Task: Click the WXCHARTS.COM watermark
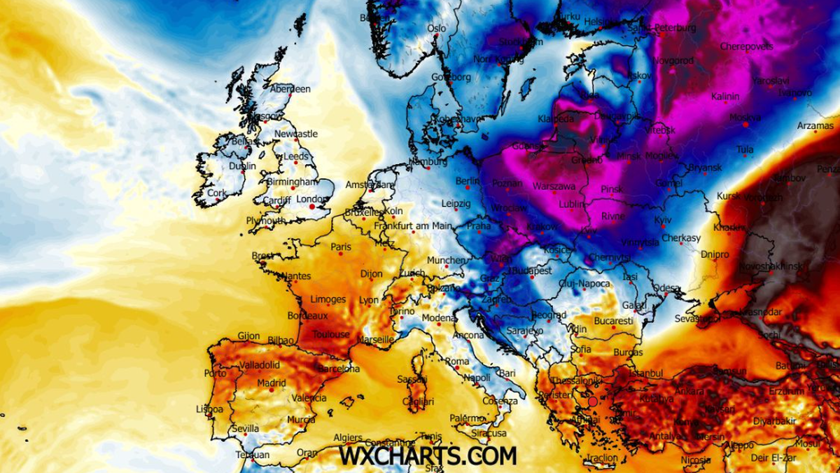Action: coord(428,455)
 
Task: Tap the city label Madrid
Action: coord(271,383)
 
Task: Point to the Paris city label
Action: coord(341,247)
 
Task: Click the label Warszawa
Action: coord(554,187)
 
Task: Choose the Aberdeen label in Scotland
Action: coord(290,89)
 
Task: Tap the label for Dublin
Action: coord(242,167)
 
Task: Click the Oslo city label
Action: coord(436,29)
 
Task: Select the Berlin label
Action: coord(467,181)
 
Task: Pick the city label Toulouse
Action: coord(331,335)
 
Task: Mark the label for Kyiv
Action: coord(662,221)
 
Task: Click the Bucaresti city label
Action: coord(613,321)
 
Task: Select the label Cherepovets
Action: coord(746,46)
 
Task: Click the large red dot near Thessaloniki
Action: coord(593,402)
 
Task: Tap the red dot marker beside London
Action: coord(311,207)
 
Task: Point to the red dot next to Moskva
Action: coord(745,124)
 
